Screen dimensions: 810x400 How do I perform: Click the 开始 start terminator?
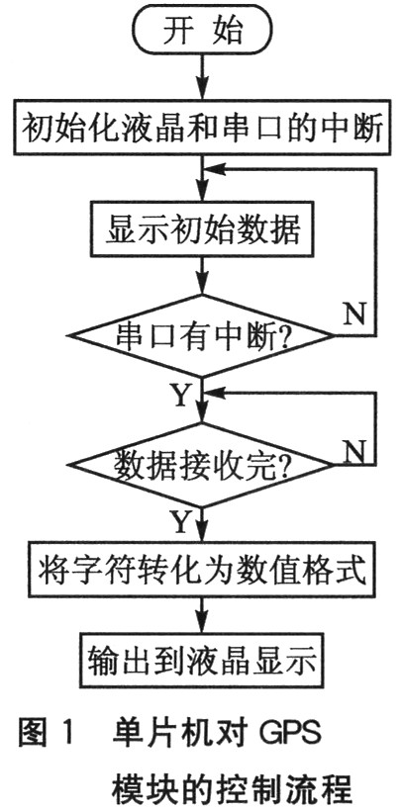201,33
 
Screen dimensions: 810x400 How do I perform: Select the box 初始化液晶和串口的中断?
201,130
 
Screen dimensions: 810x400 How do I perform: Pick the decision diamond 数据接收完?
202,462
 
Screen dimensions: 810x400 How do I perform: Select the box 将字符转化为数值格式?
201,572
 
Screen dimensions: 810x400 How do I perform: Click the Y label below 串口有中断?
180,396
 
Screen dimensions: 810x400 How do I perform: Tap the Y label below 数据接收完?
180,520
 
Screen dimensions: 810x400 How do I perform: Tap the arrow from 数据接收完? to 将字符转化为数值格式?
201,523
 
